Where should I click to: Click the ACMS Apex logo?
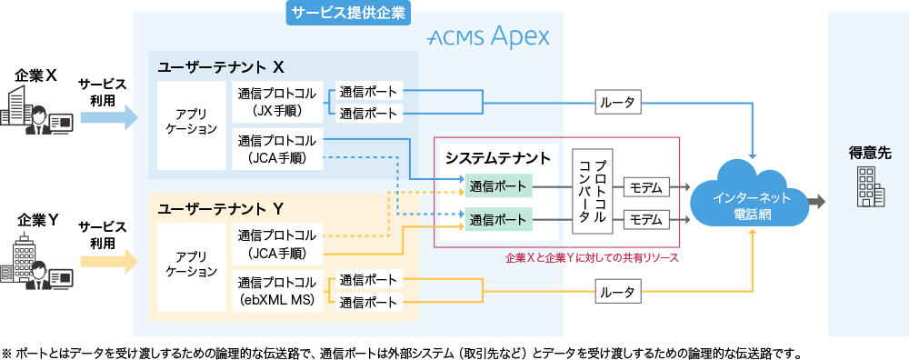pyautogui.click(x=488, y=37)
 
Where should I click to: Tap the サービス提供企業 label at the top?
pyautogui.click(x=347, y=14)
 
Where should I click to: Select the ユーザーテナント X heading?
pyautogui.click(x=221, y=67)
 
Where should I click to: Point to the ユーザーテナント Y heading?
pyautogui.click(x=221, y=208)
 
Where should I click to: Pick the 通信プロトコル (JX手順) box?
pyautogui.click(x=275, y=102)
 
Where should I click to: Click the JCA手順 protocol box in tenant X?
pyautogui.click(x=275, y=149)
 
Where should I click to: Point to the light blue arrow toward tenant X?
pyautogui.click(x=107, y=117)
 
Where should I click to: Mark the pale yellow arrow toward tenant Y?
pyautogui.click(x=107, y=261)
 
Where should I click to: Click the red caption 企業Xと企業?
pyautogui.click(x=536, y=258)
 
